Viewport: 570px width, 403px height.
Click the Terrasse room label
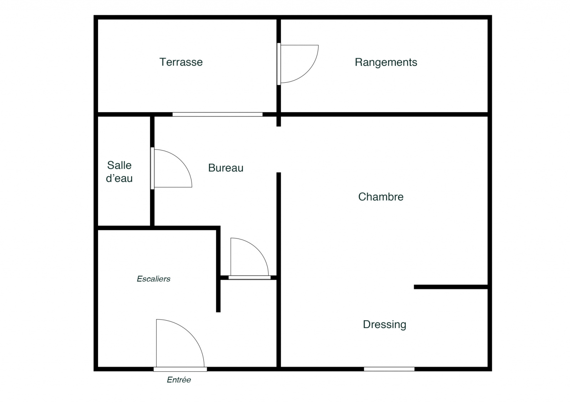coord(181,62)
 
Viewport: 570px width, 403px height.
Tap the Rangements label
coord(386,62)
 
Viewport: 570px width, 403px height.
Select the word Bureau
coord(226,168)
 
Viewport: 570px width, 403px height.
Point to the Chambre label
coord(381,197)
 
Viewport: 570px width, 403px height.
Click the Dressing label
coord(384,325)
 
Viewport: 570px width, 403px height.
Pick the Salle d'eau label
coord(119,172)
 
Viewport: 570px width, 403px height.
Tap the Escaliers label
coord(154,279)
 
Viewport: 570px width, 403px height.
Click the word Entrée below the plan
coord(179,380)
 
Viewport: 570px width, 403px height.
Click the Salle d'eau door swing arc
coord(181,160)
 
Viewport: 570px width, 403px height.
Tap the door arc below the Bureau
coord(257,249)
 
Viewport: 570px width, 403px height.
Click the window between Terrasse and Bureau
coord(218,114)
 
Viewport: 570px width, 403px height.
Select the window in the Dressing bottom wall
coord(389,369)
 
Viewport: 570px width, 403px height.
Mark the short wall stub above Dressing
coord(451,287)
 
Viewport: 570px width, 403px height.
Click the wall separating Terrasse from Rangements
coord(279,65)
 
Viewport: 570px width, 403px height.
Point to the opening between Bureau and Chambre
coord(279,149)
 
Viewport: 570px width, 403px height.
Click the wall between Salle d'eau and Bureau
coord(152,171)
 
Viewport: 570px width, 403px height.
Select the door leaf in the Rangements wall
coord(279,64)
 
